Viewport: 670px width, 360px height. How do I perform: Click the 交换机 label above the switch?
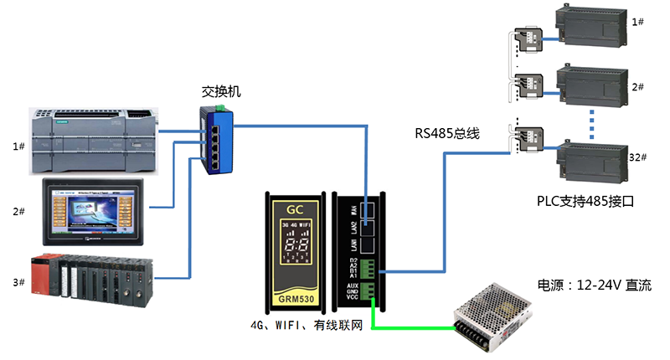(221, 90)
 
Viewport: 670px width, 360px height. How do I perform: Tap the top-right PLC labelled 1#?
(591, 33)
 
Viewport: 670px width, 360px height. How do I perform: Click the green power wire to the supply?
(410, 327)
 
